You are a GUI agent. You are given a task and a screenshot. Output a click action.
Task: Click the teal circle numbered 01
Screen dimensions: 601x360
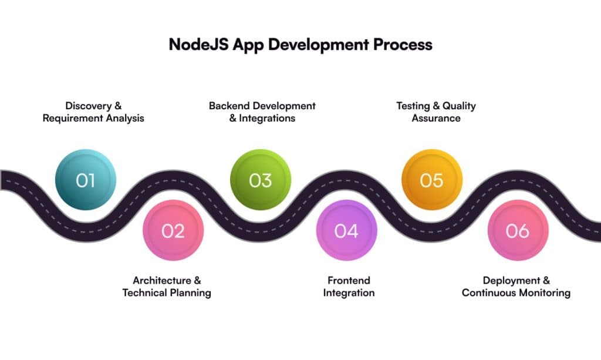[x=86, y=180]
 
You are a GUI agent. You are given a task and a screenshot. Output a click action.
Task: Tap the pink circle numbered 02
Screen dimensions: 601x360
[x=173, y=230]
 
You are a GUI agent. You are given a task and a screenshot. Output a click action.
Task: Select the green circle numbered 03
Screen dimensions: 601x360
[x=261, y=180]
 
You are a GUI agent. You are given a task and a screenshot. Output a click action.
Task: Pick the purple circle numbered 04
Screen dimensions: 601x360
[x=346, y=230]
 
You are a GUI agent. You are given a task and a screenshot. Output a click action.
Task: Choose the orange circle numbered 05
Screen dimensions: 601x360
[x=432, y=180]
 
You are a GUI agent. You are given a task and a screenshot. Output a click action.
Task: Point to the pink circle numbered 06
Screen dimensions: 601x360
[x=518, y=230]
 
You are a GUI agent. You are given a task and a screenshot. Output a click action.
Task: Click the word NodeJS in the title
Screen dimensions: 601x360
[x=198, y=44]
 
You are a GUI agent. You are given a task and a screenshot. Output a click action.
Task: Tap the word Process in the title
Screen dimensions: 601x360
[x=403, y=45]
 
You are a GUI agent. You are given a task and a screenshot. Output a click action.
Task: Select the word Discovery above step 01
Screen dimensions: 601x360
[x=88, y=106]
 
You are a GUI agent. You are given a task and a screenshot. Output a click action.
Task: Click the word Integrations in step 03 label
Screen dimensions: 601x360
[x=267, y=118]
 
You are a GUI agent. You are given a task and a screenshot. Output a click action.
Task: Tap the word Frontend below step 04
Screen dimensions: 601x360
[x=349, y=280]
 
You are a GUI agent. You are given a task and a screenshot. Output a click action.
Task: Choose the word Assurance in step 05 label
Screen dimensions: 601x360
[x=436, y=118]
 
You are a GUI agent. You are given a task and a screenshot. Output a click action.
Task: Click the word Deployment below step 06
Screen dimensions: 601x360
[x=512, y=281]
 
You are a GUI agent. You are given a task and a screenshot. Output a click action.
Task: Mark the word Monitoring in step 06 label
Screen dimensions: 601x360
[x=545, y=293]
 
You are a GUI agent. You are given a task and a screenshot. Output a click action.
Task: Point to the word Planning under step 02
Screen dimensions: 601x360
[x=191, y=293]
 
